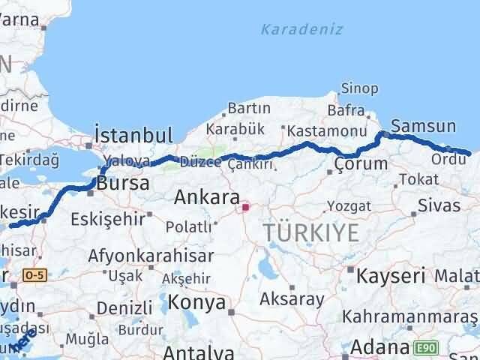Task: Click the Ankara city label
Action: pyautogui.click(x=206, y=198)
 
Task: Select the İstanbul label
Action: pyautogui.click(x=134, y=136)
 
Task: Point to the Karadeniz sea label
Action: pyautogui.click(x=302, y=29)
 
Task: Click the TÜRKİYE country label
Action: pyautogui.click(x=311, y=233)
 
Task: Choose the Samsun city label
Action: pyautogui.click(x=423, y=126)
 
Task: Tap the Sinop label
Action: pyautogui.click(x=359, y=88)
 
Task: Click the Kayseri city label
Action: pyautogui.click(x=390, y=274)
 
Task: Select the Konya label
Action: pyautogui.click(x=196, y=302)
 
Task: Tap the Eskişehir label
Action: pyautogui.click(x=103, y=220)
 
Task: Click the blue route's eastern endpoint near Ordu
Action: pyautogui.click(x=469, y=154)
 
